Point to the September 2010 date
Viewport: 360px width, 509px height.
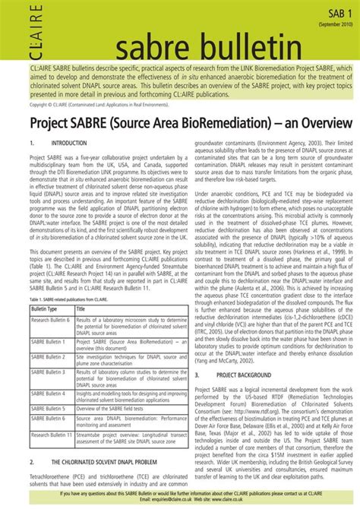pyautogui.click(x=335, y=26)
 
